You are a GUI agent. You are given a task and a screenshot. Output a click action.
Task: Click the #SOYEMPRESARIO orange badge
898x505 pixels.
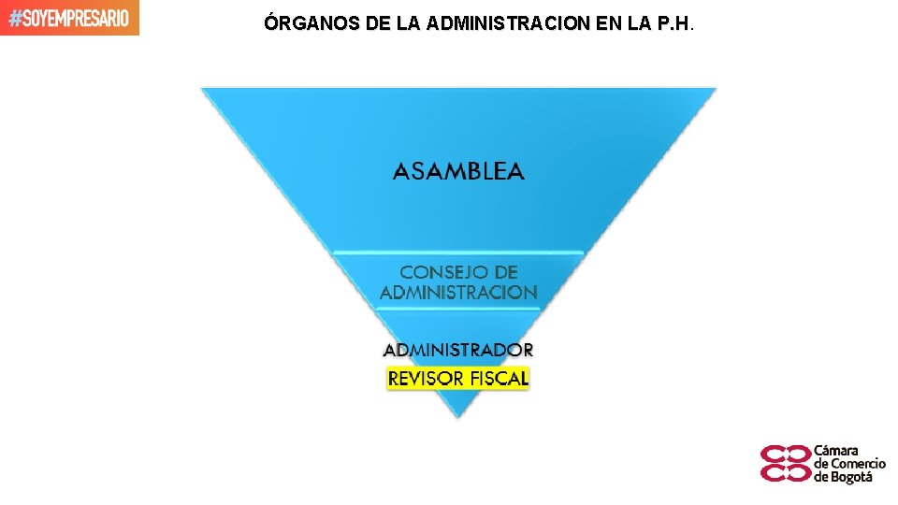[x=70, y=18]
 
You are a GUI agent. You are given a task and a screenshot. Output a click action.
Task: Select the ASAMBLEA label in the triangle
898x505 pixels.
[x=458, y=171]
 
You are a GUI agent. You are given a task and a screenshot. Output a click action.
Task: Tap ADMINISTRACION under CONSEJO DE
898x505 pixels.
[x=458, y=293]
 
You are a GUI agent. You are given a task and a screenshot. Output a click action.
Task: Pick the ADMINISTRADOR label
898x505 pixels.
[x=458, y=350]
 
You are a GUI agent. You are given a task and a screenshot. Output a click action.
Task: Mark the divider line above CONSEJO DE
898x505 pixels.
[x=458, y=252]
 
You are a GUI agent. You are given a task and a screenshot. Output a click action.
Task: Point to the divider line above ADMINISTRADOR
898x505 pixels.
[x=458, y=309]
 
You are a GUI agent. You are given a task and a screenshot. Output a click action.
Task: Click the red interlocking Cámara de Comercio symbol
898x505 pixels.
[x=786, y=463]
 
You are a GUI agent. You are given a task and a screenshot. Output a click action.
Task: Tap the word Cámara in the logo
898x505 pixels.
[x=836, y=451]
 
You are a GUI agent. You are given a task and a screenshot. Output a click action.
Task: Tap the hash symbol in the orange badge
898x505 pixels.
[x=13, y=18]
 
